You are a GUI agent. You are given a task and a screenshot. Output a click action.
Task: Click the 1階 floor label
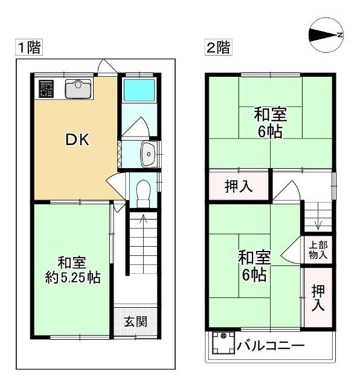(28, 48)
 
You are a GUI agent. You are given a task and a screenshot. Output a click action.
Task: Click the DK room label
(77, 140)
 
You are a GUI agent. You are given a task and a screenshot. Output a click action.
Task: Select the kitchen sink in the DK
(77, 89)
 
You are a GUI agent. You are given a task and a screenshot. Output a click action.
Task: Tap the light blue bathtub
(139, 89)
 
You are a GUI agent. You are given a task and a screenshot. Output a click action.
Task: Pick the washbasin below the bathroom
(148, 154)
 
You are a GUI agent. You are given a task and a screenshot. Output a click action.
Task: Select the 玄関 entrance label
(136, 321)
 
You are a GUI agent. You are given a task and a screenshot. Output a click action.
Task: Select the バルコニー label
(270, 346)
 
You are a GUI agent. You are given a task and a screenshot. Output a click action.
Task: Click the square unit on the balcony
(222, 345)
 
